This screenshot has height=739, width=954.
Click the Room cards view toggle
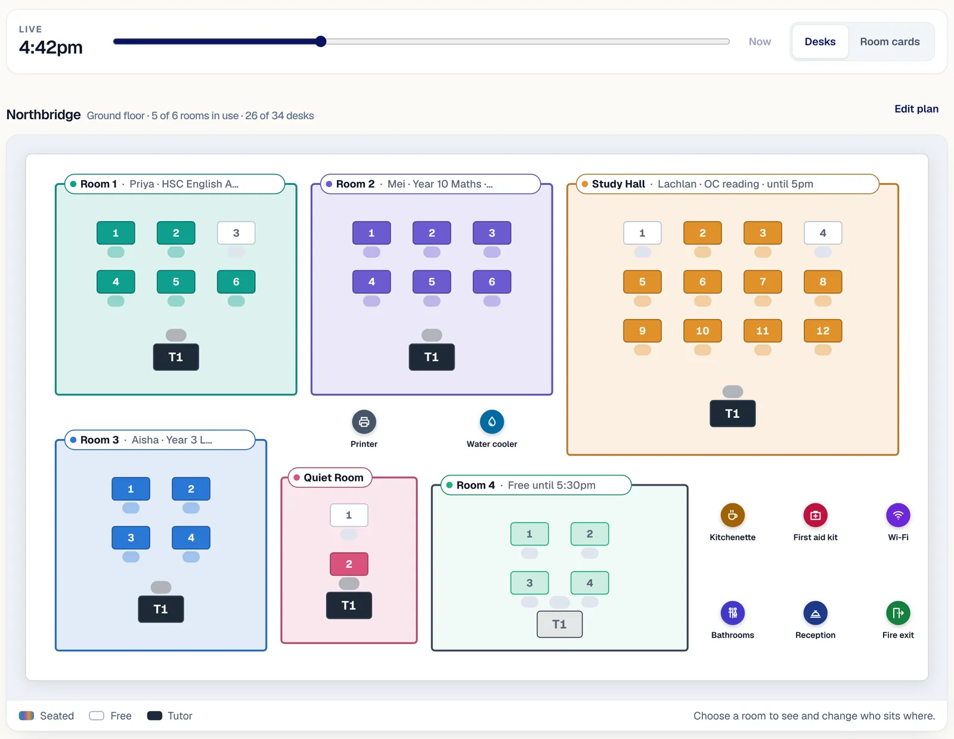click(x=890, y=42)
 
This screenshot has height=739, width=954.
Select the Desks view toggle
click(x=820, y=42)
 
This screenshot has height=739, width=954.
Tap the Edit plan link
click(x=916, y=109)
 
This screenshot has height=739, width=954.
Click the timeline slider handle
click(x=321, y=41)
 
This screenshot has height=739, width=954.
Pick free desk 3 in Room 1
click(x=236, y=233)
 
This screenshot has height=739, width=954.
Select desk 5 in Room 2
click(x=432, y=282)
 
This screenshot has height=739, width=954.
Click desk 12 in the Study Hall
click(x=823, y=330)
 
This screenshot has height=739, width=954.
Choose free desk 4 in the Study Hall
click(x=823, y=233)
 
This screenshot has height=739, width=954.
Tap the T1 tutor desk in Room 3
click(x=160, y=609)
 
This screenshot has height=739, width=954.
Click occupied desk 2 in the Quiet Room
click(x=349, y=564)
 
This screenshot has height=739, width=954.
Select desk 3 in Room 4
click(x=529, y=583)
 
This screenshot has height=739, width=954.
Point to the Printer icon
click(x=364, y=422)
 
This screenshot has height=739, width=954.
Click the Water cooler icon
click(x=492, y=422)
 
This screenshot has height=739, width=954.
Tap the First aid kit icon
click(x=815, y=515)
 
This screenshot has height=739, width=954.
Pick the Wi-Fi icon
click(x=898, y=515)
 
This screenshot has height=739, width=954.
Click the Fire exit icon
click(x=898, y=613)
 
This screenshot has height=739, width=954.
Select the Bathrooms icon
click(x=732, y=613)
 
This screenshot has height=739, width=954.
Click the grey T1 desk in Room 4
click(x=559, y=624)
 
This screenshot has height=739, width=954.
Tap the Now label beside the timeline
click(x=760, y=42)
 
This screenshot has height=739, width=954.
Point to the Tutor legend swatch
click(x=154, y=716)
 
